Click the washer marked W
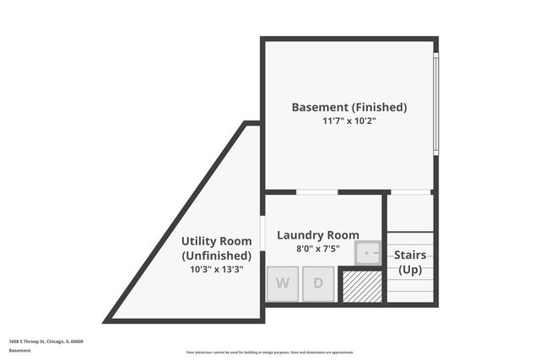pyautogui.click(x=283, y=284)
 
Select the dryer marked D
pyautogui.click(x=318, y=284)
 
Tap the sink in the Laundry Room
pyautogui.click(x=368, y=252)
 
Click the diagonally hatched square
pyautogui.click(x=360, y=286)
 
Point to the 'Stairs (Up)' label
pyautogui.click(x=410, y=262)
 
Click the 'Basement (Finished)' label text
pyautogui.click(x=349, y=107)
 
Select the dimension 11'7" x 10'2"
pyautogui.click(x=349, y=121)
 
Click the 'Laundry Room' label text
pyautogui.click(x=318, y=235)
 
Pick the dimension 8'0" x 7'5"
pyautogui.click(x=318, y=249)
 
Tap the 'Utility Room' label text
pyautogui.click(x=216, y=241)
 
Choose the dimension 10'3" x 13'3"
pyautogui.click(x=216, y=270)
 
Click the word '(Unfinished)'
pyautogui.click(x=216, y=255)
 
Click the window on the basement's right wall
pyautogui.click(x=435, y=103)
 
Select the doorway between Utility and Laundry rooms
pyautogui.click(x=263, y=234)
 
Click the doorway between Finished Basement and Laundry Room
pyautogui.click(x=317, y=192)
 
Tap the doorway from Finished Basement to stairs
pyautogui.click(x=411, y=192)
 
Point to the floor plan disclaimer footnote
pyautogui.click(x=270, y=352)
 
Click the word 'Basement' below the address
pyautogui.click(x=19, y=350)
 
